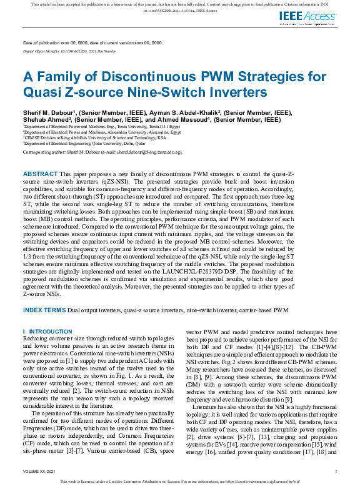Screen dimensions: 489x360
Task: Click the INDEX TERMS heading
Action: pos(46,310)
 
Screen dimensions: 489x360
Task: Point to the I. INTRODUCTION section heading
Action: pos(47,331)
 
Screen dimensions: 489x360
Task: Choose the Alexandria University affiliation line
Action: pos(101,132)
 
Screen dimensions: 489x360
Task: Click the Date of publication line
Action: pos(92,42)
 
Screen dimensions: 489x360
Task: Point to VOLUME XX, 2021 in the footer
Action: pos(39,471)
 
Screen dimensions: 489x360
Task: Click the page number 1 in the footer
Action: pos(336,471)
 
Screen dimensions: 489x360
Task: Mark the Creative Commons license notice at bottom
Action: pos(180,482)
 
